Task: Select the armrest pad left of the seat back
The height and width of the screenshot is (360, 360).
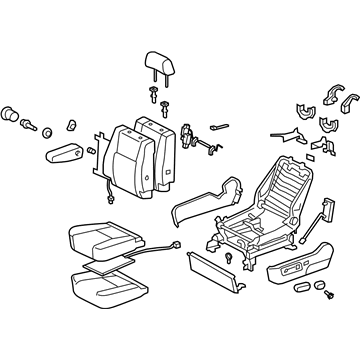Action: point(66,158)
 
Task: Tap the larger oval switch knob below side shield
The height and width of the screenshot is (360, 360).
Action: point(301,319)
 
